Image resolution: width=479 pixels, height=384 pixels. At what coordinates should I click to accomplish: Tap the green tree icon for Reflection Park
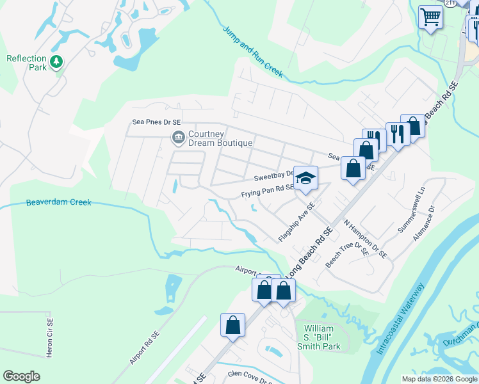(x=58, y=61)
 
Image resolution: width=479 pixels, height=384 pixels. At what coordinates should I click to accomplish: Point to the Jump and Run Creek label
(x=253, y=52)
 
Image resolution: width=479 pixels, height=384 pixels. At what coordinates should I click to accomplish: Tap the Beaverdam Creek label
(x=58, y=202)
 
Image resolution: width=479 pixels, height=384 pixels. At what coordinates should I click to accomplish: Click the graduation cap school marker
(x=306, y=177)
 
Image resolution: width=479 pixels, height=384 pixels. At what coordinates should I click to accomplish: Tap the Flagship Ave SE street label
(x=297, y=223)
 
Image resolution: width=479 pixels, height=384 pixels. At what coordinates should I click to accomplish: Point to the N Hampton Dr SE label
(x=366, y=239)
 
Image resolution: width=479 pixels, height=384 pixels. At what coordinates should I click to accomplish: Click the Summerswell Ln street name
(x=411, y=211)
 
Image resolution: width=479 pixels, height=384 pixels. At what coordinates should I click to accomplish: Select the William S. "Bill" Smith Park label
(x=321, y=337)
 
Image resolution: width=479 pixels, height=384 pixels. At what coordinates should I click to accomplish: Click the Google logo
(x=21, y=376)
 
